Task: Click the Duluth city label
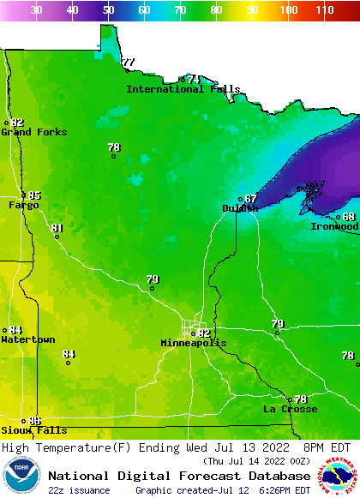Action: pos(240,208)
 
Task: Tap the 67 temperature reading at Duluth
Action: pos(250,199)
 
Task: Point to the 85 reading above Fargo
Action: pos(34,195)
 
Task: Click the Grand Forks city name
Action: pos(27,132)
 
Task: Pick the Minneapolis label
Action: pos(194,343)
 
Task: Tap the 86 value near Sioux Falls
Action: pos(34,421)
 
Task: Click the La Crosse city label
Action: pos(290,410)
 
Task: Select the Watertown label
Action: pos(27,339)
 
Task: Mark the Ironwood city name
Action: pos(335,226)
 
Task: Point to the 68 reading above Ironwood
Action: pos(349,217)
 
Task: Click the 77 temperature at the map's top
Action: pos(129,63)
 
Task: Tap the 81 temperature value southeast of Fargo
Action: pos(57,228)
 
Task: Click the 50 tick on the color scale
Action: pos(108,9)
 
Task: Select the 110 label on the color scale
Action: pos(324,9)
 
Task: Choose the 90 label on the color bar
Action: pos(252,9)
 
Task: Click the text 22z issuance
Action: pos(79,490)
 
